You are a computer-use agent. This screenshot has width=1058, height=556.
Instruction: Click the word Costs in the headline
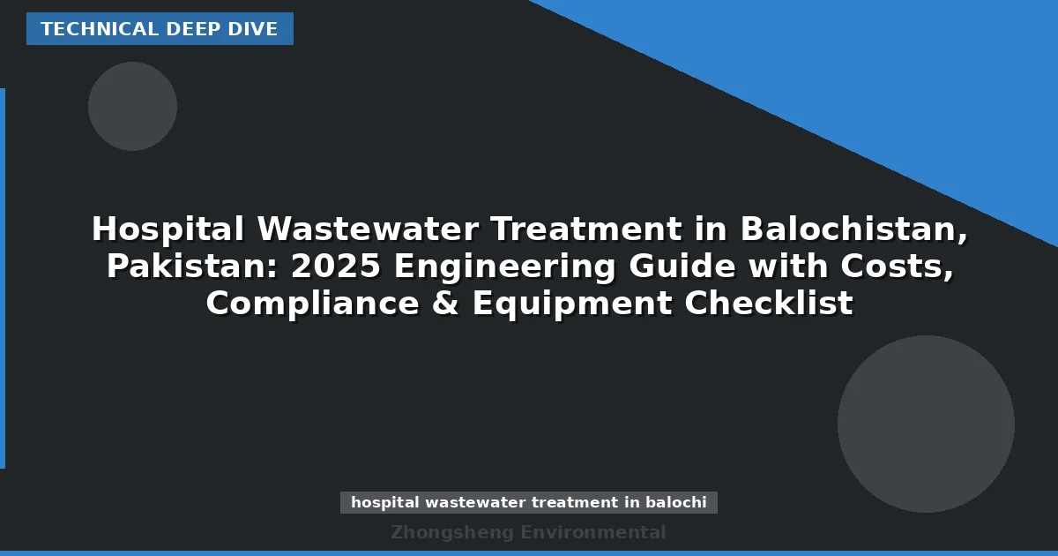click(x=890, y=267)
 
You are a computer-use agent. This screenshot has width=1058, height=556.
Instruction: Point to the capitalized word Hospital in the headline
click(x=168, y=229)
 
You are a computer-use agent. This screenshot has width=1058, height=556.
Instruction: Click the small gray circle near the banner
click(x=132, y=106)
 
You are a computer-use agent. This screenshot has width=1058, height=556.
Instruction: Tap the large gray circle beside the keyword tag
click(x=926, y=424)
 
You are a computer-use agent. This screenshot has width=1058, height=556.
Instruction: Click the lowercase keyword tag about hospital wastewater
click(x=529, y=502)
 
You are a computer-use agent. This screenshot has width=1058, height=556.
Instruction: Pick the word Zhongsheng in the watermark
click(x=451, y=532)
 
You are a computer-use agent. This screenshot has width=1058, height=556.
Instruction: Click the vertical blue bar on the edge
click(x=3, y=278)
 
